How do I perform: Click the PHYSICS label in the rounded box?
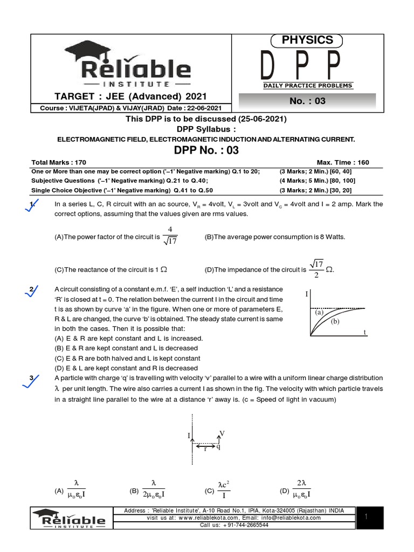tap(308, 40)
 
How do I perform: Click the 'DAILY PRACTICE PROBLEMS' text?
tap(308, 86)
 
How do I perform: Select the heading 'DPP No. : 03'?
tap(206, 150)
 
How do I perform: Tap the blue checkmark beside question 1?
tap(32, 206)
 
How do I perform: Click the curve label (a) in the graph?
tap(319, 312)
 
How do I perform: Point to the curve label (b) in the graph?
tap(335, 321)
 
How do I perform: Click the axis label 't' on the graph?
tap(365, 333)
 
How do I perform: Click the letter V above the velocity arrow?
tap(222, 433)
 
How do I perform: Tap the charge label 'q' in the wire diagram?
tap(218, 446)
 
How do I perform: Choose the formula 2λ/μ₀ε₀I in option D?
tap(302, 489)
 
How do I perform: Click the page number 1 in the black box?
tap(365, 517)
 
